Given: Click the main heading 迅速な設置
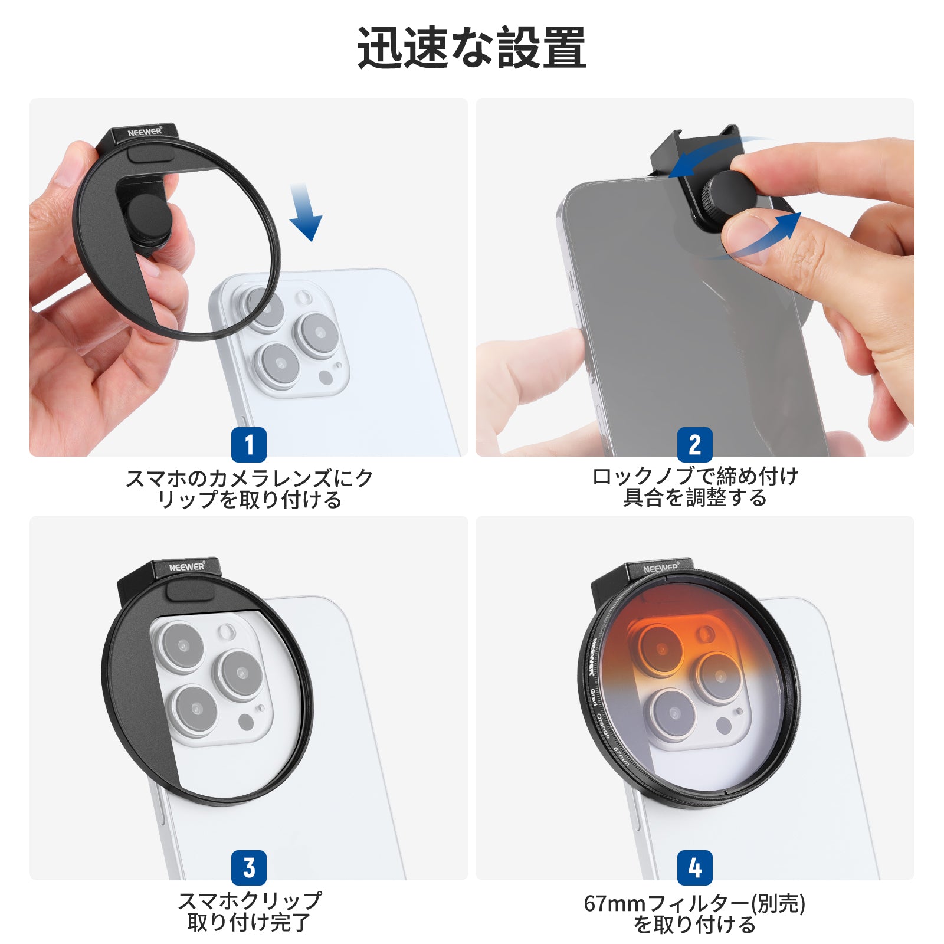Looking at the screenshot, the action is click(x=471, y=47).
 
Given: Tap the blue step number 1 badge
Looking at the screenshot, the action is click(x=248, y=444).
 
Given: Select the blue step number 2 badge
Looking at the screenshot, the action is click(x=695, y=444).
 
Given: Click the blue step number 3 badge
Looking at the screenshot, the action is click(x=248, y=867).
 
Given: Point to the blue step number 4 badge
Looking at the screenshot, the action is click(x=695, y=867).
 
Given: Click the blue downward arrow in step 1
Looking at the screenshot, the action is click(x=305, y=212).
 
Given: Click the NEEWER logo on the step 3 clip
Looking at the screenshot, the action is click(x=187, y=567).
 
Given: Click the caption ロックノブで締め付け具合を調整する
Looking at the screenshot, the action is click(x=695, y=487).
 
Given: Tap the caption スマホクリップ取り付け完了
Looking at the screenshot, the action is click(x=249, y=911).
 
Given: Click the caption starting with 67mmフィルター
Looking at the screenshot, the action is click(x=695, y=913).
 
